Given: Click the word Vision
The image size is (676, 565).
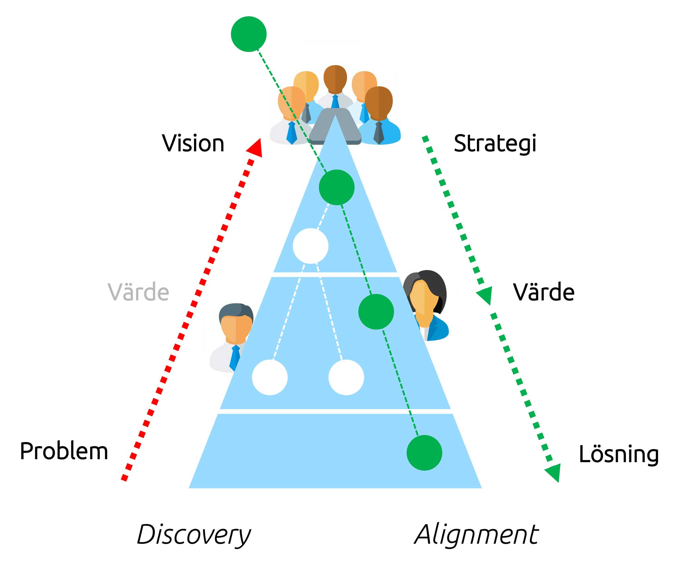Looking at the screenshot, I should pyautogui.click(x=193, y=144).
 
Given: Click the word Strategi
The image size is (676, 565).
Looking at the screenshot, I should pyautogui.click(x=495, y=144).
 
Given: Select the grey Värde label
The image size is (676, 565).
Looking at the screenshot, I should pyautogui.click(x=138, y=292).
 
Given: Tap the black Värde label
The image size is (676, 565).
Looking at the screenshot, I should pyautogui.click(x=544, y=292).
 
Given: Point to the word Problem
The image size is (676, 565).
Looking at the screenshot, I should pyautogui.click(x=64, y=451).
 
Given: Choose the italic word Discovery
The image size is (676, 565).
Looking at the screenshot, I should pyautogui.click(x=194, y=535).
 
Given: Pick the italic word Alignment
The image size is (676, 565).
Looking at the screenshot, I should pyautogui.click(x=476, y=535).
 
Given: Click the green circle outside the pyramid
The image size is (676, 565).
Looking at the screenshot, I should pyautogui.click(x=249, y=34).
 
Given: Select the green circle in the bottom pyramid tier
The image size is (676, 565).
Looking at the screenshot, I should pyautogui.click(x=424, y=452).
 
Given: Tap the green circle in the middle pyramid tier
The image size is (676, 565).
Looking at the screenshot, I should pyautogui.click(x=376, y=312).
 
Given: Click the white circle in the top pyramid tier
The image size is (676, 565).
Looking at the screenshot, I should pyautogui.click(x=311, y=246).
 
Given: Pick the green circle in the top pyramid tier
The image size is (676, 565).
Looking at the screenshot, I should pyautogui.click(x=336, y=187).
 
